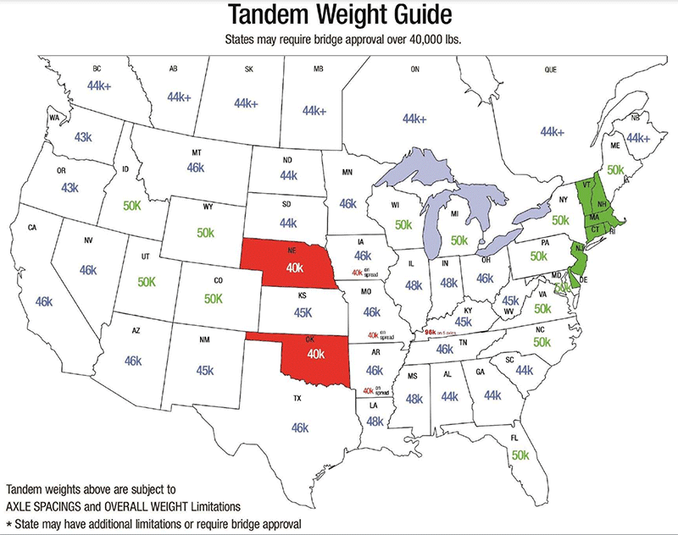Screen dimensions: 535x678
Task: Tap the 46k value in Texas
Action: [x=299, y=428]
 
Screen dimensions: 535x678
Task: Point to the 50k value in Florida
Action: [x=520, y=455]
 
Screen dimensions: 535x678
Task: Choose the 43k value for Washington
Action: [x=83, y=137]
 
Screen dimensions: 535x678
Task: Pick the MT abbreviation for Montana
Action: [x=197, y=152]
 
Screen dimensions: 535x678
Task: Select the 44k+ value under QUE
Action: [x=552, y=132]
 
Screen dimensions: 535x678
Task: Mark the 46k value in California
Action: [x=45, y=301]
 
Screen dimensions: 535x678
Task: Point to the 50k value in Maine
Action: [x=615, y=169]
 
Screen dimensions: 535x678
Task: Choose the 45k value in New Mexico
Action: [x=206, y=370]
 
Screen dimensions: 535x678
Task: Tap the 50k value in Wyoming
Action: [x=206, y=232]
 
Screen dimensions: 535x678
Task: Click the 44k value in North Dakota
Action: [x=288, y=175]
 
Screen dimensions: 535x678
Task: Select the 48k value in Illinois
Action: [x=414, y=284]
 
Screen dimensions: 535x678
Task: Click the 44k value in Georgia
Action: [x=492, y=394]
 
